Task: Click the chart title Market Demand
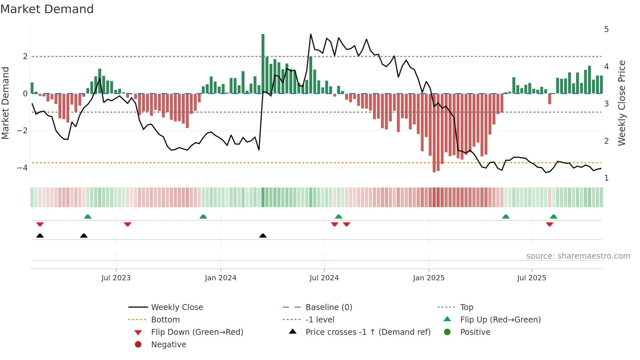click(47, 9)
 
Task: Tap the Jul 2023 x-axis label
click(116, 278)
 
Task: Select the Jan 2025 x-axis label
click(429, 278)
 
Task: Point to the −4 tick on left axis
click(22, 168)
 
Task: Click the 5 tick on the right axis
click(606, 29)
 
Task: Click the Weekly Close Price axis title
click(622, 103)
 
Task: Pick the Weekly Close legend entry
click(177, 307)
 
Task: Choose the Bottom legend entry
click(165, 320)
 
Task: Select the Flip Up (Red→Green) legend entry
click(500, 320)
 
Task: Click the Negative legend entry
click(168, 345)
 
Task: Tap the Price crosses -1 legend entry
click(368, 332)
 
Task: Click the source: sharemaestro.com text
click(578, 256)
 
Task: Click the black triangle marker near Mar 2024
click(263, 236)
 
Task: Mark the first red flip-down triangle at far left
click(40, 224)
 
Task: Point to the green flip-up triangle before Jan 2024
click(203, 217)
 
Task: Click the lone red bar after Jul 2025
click(550, 99)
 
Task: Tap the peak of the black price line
click(311, 34)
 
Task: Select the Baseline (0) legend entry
click(328, 307)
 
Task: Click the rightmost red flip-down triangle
click(550, 224)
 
